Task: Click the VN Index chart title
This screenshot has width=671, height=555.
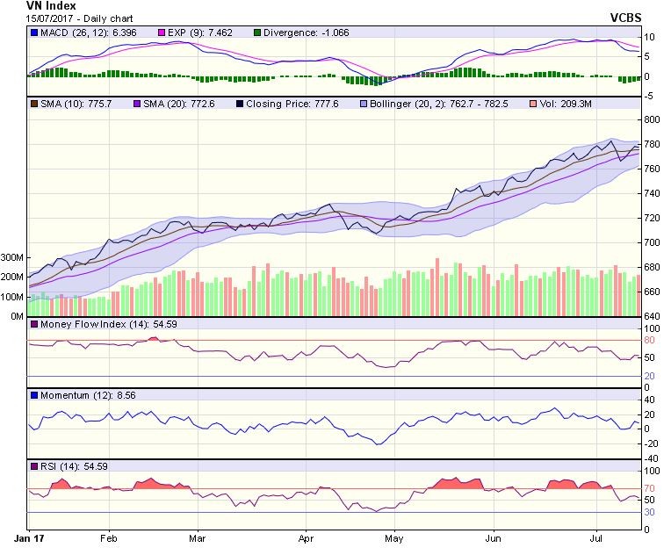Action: click(51, 6)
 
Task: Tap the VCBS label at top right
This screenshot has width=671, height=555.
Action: click(627, 18)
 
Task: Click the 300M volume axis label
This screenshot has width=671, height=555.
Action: click(12, 258)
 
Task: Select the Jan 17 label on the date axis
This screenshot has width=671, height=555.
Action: click(31, 536)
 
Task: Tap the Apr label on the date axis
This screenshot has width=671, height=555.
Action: click(306, 536)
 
